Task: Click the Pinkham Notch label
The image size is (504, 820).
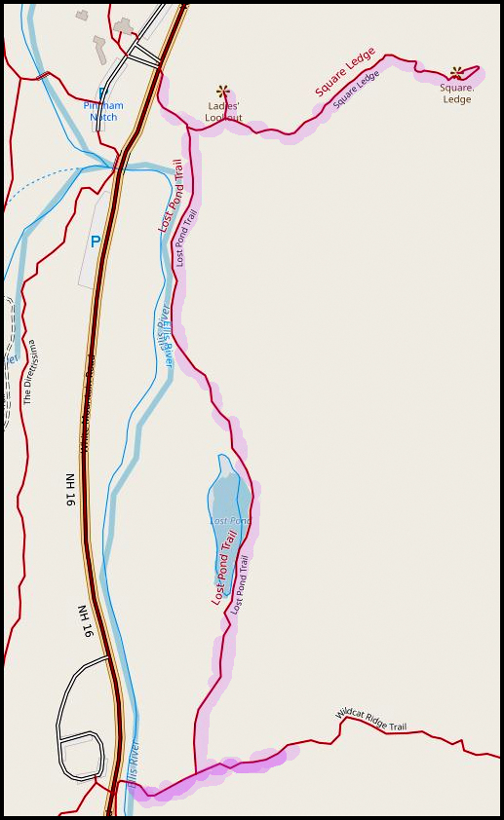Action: pyautogui.click(x=103, y=111)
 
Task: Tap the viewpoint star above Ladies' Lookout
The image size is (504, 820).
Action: pyautogui.click(x=223, y=91)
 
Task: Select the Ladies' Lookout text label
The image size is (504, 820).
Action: pyautogui.click(x=223, y=111)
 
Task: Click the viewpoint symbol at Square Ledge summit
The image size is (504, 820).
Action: pyautogui.click(x=456, y=72)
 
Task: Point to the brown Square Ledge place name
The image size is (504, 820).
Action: pyautogui.click(x=456, y=93)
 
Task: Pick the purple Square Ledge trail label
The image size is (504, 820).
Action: pyautogui.click(x=356, y=89)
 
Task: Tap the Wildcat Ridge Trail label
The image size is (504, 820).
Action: pyautogui.click(x=370, y=719)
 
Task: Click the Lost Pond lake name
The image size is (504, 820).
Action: pyautogui.click(x=230, y=521)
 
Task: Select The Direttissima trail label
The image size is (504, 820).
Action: pyautogui.click(x=30, y=371)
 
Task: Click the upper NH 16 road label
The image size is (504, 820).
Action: pyautogui.click(x=70, y=490)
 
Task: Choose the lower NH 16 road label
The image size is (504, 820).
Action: pyautogui.click(x=86, y=619)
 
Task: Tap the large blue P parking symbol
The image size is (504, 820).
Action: pyautogui.click(x=96, y=242)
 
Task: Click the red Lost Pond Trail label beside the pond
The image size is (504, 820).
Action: pyautogui.click(x=224, y=569)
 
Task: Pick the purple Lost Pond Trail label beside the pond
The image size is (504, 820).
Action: pyautogui.click(x=240, y=584)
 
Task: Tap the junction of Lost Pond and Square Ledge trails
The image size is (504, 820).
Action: pyautogui.click(x=185, y=127)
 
